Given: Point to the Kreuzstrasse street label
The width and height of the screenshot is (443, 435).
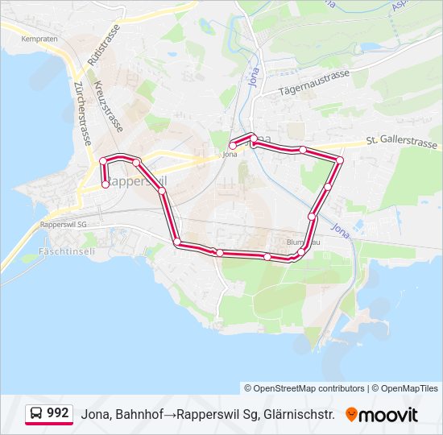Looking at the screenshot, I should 108,106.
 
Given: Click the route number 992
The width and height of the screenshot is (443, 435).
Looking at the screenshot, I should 57,412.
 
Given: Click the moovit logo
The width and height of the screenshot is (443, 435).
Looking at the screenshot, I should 382,414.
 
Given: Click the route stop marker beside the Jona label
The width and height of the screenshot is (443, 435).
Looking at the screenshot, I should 233,146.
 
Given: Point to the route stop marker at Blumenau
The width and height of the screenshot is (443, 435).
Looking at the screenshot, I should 301,252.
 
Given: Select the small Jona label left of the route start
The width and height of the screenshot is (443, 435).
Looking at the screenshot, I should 230,154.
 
